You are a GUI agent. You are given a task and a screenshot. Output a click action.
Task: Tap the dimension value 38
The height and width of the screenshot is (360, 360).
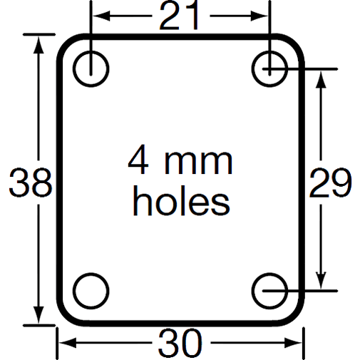tap(30, 184)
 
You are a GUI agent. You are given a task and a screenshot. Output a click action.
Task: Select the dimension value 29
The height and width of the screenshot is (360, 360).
tap(329, 183)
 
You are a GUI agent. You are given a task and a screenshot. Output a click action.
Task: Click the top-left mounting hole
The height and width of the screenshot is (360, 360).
tap(91, 68)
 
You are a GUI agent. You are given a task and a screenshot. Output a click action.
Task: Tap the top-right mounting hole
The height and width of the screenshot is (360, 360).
tap(270, 68)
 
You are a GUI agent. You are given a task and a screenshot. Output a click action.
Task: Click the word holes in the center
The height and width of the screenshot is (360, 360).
tap(181, 201)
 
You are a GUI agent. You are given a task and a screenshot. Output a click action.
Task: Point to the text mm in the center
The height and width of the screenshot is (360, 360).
tap(197, 163)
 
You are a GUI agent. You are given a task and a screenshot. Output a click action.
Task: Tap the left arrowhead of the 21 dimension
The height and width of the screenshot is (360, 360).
tap(98, 15)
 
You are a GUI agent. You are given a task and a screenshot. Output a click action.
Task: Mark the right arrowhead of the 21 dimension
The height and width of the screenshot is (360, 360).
tap(264, 15)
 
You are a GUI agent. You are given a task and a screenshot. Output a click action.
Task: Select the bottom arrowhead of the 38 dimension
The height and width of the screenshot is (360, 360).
tap(38, 317)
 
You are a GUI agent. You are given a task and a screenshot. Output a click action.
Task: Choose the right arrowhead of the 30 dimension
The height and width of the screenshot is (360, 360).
tap(298, 344)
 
